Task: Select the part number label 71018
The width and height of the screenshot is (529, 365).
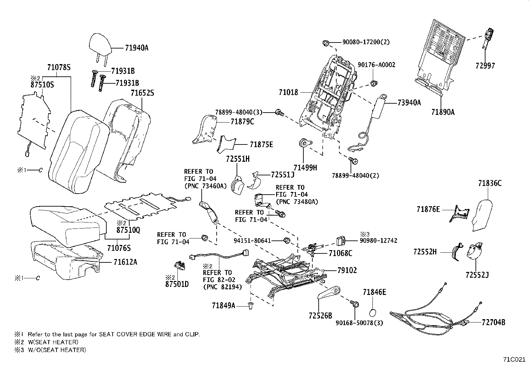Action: tap(288, 92)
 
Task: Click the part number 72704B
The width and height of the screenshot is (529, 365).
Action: tap(493, 322)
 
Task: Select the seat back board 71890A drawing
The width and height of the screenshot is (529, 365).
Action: tap(439, 53)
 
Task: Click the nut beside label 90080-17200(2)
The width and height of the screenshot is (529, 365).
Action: tap(326, 43)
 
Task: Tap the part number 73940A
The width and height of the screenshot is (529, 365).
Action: tap(409, 103)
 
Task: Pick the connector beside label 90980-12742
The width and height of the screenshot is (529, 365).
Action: tap(340, 240)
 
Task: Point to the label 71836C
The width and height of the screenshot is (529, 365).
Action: tap(490, 183)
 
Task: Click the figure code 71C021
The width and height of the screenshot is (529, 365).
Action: tap(514, 359)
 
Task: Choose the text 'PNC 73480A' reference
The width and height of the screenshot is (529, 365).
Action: tap(297, 202)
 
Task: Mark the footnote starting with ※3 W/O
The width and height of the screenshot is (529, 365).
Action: tap(50, 350)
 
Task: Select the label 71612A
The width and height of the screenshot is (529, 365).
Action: tap(125, 262)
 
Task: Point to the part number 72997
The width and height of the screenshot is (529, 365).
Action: tap(485, 65)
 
